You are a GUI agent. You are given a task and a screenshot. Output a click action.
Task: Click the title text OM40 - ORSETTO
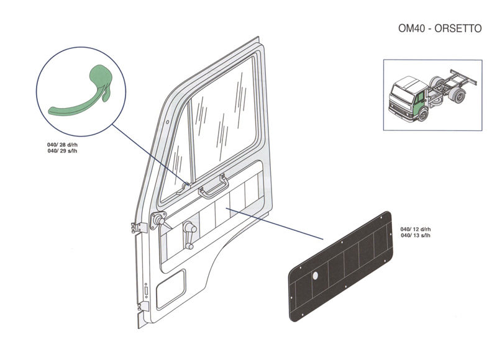[440, 29]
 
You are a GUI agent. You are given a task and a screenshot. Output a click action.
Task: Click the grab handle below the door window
[211, 187]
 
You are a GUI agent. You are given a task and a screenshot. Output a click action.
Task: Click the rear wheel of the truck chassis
[459, 97]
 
